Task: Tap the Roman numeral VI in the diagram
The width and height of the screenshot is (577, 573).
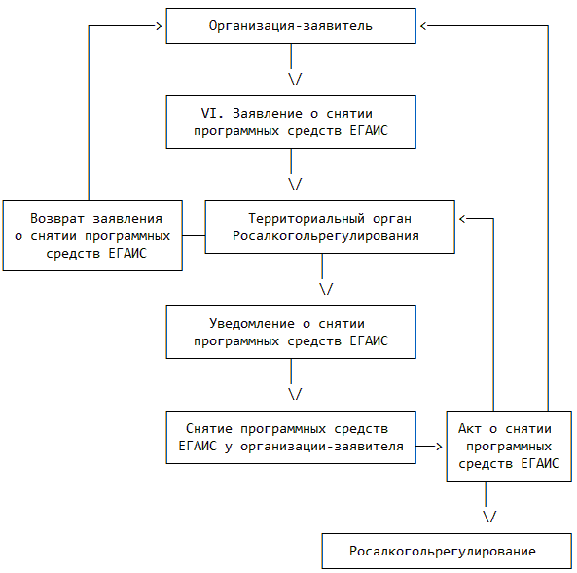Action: click(208, 113)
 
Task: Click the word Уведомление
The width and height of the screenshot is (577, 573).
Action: click(252, 324)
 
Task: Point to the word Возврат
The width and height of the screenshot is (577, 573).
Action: click(57, 219)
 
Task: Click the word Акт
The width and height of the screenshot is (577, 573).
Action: click(470, 428)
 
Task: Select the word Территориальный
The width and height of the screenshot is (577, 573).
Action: click(307, 219)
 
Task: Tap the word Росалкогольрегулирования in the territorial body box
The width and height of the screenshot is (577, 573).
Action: click(326, 235)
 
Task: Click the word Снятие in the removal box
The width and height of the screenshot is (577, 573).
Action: click(209, 428)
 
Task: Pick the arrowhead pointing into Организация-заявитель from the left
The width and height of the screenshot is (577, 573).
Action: click(159, 26)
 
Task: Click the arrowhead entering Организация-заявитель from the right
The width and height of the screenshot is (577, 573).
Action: click(423, 26)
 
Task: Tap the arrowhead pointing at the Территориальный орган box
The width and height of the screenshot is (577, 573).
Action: click(462, 219)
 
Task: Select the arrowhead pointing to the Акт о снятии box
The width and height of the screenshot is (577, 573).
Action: click(439, 447)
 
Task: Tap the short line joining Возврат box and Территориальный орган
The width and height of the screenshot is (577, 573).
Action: click(194, 235)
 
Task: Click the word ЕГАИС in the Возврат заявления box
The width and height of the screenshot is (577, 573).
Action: click(127, 253)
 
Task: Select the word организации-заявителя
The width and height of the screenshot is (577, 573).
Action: click(322, 446)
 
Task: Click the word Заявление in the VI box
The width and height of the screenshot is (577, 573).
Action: click(268, 113)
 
